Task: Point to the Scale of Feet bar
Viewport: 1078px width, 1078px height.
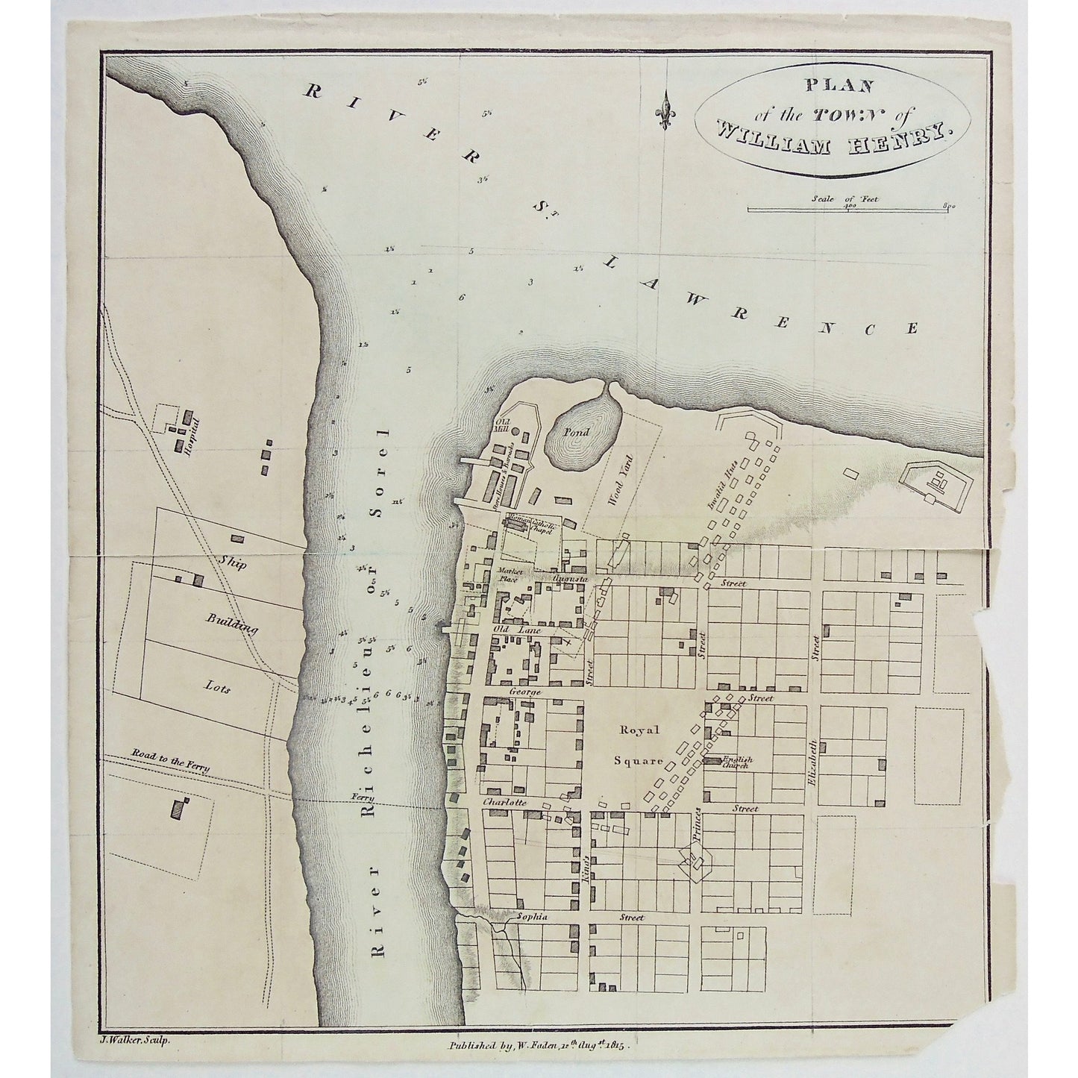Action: coord(849,209)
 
